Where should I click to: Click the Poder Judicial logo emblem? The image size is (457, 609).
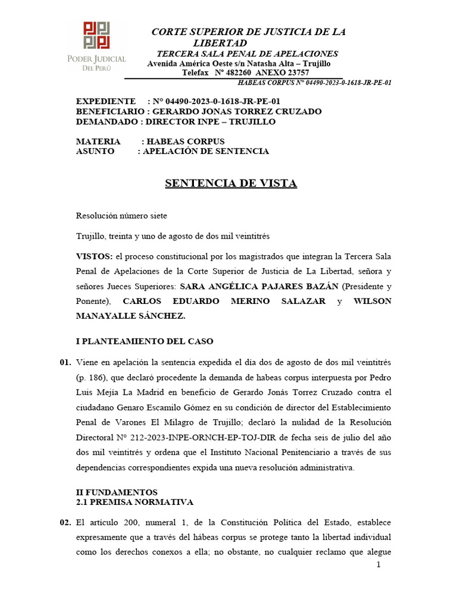click(x=96, y=35)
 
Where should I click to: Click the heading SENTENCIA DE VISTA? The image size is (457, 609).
click(x=230, y=183)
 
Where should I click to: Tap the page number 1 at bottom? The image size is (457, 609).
click(x=378, y=564)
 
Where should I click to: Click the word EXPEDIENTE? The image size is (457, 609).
click(x=106, y=101)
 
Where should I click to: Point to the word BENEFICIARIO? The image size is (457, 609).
click(x=109, y=111)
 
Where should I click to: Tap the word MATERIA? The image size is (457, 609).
click(x=98, y=142)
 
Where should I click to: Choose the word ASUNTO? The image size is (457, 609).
click(x=95, y=151)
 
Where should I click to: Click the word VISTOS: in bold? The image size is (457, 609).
click(x=95, y=256)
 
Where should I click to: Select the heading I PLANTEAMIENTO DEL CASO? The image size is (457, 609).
click(x=144, y=341)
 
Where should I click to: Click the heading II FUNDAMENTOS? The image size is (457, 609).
click(x=117, y=492)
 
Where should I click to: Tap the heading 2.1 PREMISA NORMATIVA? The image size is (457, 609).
click(x=134, y=502)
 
